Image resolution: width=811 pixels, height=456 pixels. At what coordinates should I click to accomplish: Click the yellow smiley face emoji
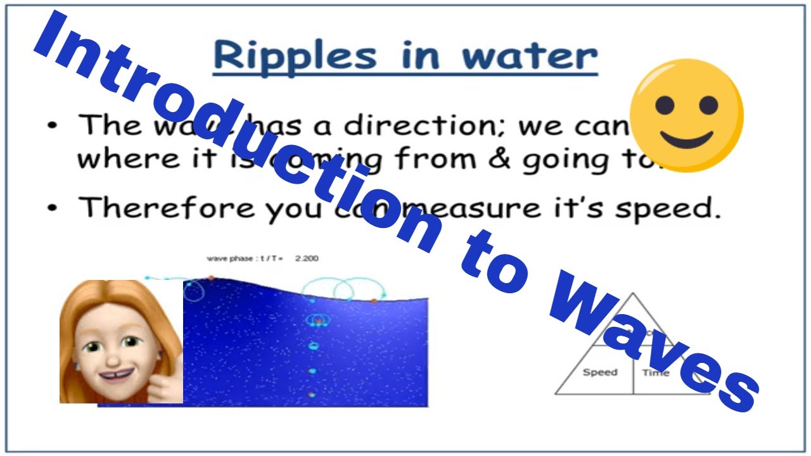click(x=686, y=116)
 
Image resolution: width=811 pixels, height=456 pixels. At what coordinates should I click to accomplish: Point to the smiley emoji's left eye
click(x=664, y=105)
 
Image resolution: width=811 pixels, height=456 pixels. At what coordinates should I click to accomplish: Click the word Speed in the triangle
click(x=599, y=372)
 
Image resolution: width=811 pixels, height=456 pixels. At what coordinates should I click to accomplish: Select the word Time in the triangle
click(x=655, y=372)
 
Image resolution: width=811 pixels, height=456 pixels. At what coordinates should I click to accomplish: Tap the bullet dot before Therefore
click(x=53, y=208)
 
